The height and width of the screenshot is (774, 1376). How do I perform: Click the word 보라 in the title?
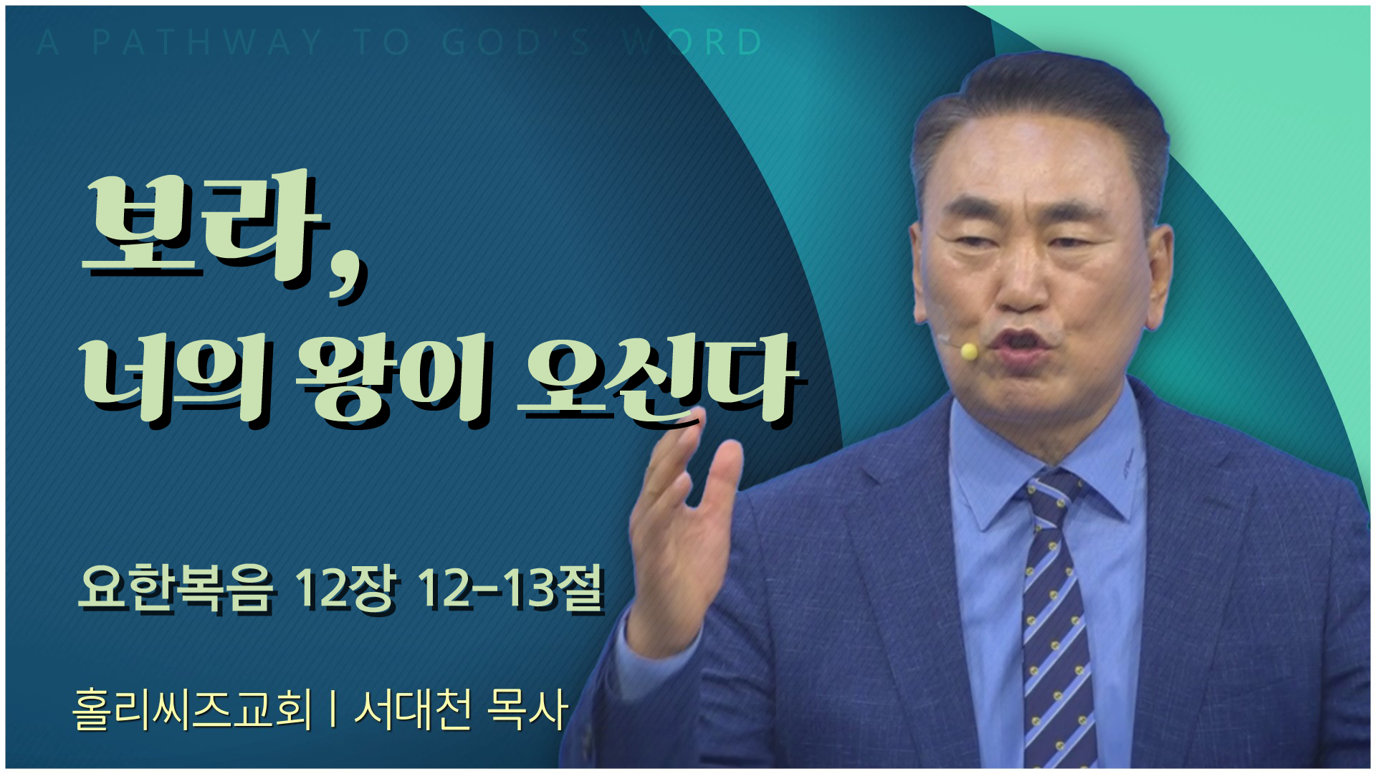tap(204, 226)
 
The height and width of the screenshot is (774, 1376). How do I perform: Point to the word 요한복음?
tap(176, 589)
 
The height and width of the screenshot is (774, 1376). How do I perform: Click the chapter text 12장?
tap(345, 589)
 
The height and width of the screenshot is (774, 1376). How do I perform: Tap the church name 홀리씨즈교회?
tap(193, 709)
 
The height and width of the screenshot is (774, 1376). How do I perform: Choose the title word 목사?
tap(527, 709)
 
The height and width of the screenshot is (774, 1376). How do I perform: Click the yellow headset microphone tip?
tap(969, 350)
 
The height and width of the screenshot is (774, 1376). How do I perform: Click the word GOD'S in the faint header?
tap(516, 42)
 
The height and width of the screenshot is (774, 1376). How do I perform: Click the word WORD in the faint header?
tap(692, 42)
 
